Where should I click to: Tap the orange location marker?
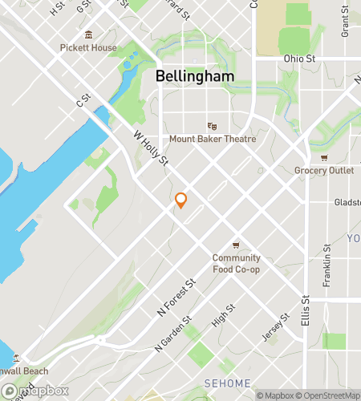pyautogui.click(x=180, y=200)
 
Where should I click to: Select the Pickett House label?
pyautogui.click(x=87, y=47)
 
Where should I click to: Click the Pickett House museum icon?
pyautogui.click(x=87, y=34)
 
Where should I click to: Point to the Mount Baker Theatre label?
pyautogui.click(x=212, y=139)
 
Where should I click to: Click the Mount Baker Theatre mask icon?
pyautogui.click(x=212, y=126)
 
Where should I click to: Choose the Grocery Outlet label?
pyautogui.click(x=324, y=170)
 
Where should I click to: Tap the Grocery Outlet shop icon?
pyautogui.click(x=324, y=158)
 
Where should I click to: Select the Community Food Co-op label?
pyautogui.click(x=236, y=263)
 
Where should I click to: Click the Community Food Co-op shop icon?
pyautogui.click(x=236, y=245)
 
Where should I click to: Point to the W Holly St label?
pyautogui.click(x=149, y=151)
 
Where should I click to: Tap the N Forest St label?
pyautogui.click(x=179, y=296)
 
